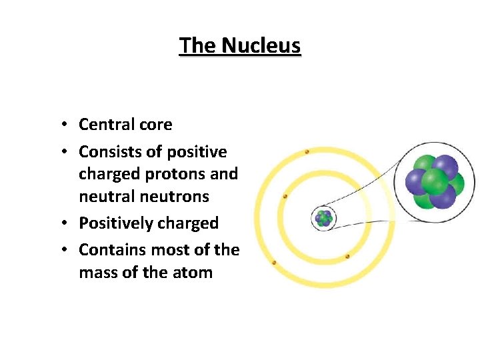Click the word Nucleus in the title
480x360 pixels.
tap(261, 45)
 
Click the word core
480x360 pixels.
tap(155, 125)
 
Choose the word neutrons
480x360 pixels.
tap(177, 197)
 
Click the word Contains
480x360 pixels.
tap(109, 250)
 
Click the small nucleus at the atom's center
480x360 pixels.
tap(324, 218)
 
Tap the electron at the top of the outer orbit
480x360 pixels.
tap(307, 152)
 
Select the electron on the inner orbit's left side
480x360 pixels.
tap(285, 197)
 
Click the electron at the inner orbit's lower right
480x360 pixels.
tap(347, 256)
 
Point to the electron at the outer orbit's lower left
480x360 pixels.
tap(273, 263)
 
